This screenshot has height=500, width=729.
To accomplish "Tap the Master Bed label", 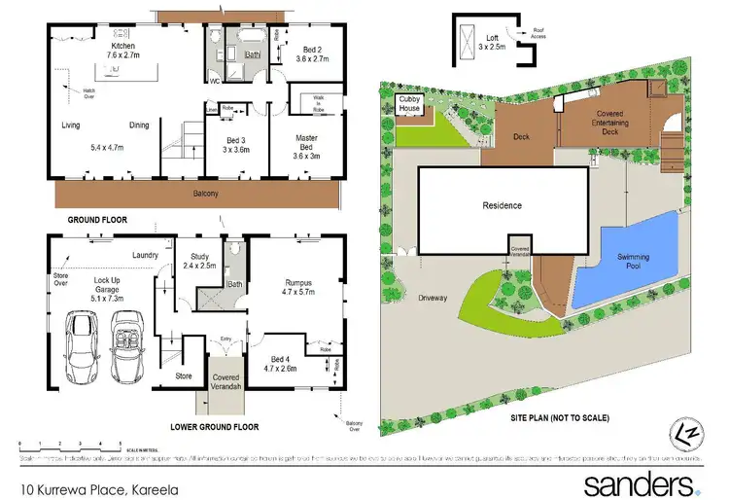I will point(306,145).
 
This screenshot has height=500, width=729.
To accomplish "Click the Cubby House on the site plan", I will point(409,104).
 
